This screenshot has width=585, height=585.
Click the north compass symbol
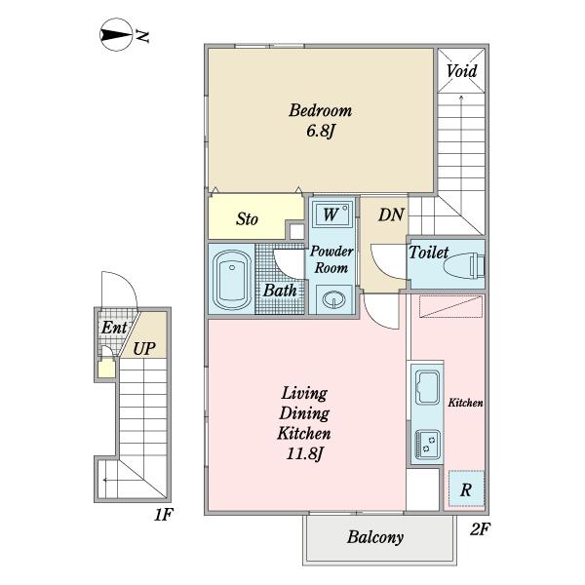pyautogui.click(x=116, y=34)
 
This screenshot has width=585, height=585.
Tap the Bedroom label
pyautogui.click(x=321, y=111)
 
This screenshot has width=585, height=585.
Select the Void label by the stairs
pyautogui.click(x=462, y=71)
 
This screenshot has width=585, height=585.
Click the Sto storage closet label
pyautogui.click(x=247, y=219)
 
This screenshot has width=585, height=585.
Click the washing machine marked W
pyautogui.click(x=332, y=214)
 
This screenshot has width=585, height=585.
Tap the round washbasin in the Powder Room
pyautogui.click(x=333, y=299)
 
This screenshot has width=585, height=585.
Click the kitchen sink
pyautogui.click(x=428, y=388)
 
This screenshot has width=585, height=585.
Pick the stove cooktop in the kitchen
pyautogui.click(x=428, y=445)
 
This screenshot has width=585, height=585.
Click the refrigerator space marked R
pyautogui.click(x=466, y=488)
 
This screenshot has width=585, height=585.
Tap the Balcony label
pyautogui.click(x=375, y=537)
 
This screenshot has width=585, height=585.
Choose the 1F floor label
pyautogui.click(x=164, y=515)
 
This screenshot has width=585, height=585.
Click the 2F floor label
pyautogui.click(x=480, y=529)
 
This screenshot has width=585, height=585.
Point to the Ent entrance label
pyautogui.click(x=114, y=328)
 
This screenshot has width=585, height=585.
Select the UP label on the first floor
pyautogui.click(x=144, y=349)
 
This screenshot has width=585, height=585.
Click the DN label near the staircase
pyautogui.click(x=391, y=214)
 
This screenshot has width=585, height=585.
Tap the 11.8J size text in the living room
pyautogui.click(x=304, y=454)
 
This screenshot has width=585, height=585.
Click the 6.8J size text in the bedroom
pyautogui.click(x=320, y=131)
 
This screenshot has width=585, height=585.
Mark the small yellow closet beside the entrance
pyautogui.click(x=106, y=369)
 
